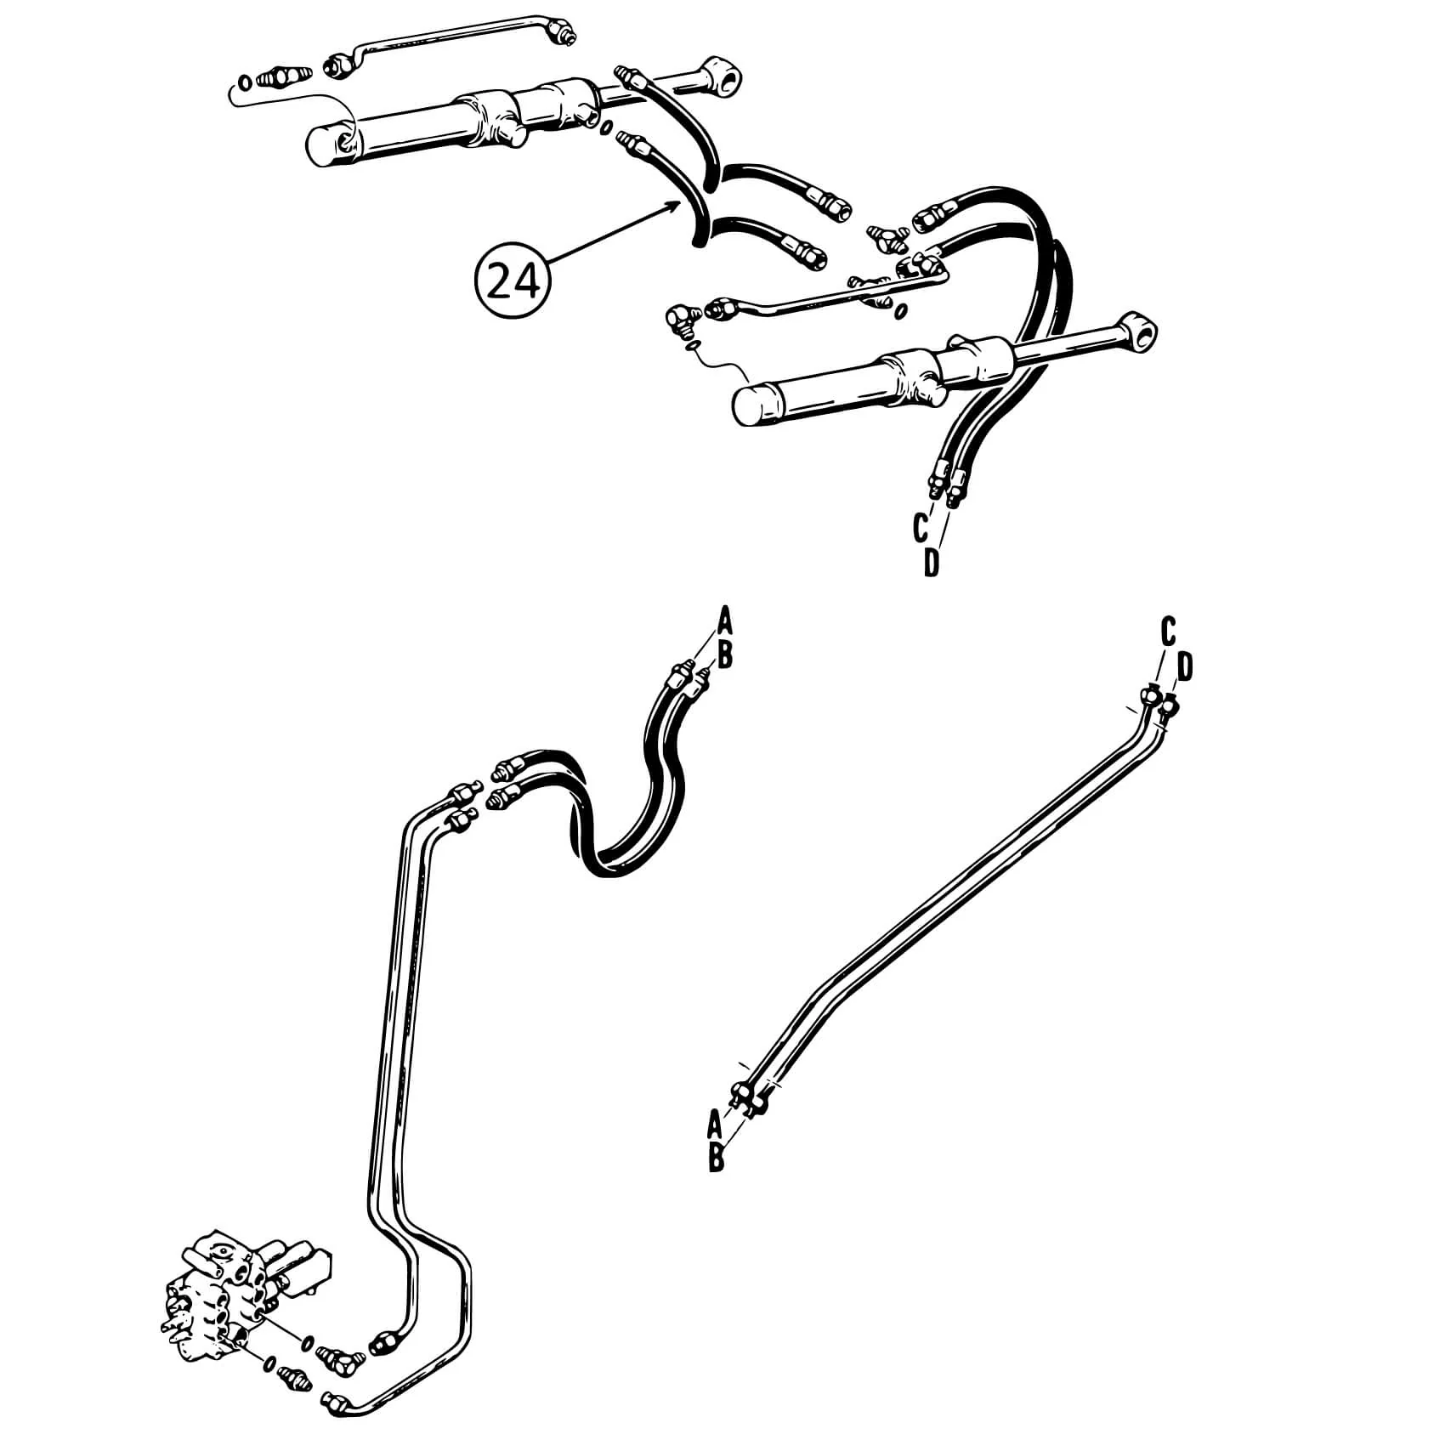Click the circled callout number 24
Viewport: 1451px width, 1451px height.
coord(513,282)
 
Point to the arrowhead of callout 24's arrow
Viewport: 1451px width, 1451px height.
coord(680,204)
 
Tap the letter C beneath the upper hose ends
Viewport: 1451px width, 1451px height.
coord(920,528)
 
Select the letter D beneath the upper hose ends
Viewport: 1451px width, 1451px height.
coord(932,563)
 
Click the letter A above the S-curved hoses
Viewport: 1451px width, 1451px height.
coord(724,620)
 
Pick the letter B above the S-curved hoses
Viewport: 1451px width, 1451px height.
coord(725,655)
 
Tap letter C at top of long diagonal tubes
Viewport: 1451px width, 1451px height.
coord(1168,632)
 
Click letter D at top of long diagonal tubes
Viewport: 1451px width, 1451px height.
coord(1186,667)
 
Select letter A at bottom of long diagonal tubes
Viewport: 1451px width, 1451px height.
coord(716,1124)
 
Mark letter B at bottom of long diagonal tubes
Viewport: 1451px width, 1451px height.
coord(717,1159)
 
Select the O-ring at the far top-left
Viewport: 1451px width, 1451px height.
coord(243,83)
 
